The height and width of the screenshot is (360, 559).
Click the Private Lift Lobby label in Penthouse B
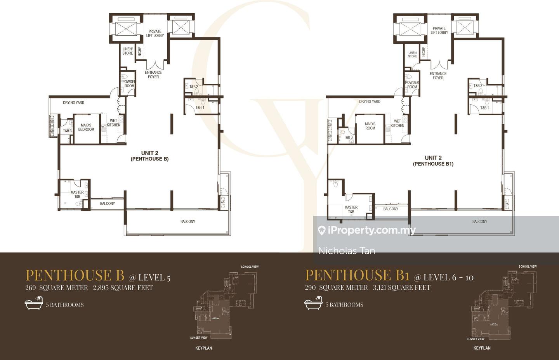point(155,33)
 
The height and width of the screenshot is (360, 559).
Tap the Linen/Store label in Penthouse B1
point(412,54)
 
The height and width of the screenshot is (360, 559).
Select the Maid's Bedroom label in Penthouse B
point(86,127)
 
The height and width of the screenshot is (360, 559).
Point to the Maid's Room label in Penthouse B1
point(370,126)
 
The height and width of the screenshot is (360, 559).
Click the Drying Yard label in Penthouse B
point(73,103)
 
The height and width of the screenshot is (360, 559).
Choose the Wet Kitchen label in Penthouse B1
point(397,123)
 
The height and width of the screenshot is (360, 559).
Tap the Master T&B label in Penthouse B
point(77,194)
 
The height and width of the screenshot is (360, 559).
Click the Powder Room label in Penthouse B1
point(412,85)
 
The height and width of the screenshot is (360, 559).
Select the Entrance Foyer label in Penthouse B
point(153,74)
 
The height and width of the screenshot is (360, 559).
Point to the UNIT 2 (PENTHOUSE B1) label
point(433,161)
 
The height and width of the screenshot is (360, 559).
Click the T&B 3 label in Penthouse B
point(67,131)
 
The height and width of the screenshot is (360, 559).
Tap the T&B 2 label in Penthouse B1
point(477,86)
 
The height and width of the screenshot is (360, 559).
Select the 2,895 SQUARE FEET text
point(123,288)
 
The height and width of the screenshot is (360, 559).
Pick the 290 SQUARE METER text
point(336,287)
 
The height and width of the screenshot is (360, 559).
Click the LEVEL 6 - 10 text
point(448,277)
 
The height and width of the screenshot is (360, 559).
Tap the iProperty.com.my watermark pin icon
point(321,231)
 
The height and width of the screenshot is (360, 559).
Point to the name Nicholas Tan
point(347,251)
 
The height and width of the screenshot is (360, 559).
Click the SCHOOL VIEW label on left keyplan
point(250,267)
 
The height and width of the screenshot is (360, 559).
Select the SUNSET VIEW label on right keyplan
point(476,339)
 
